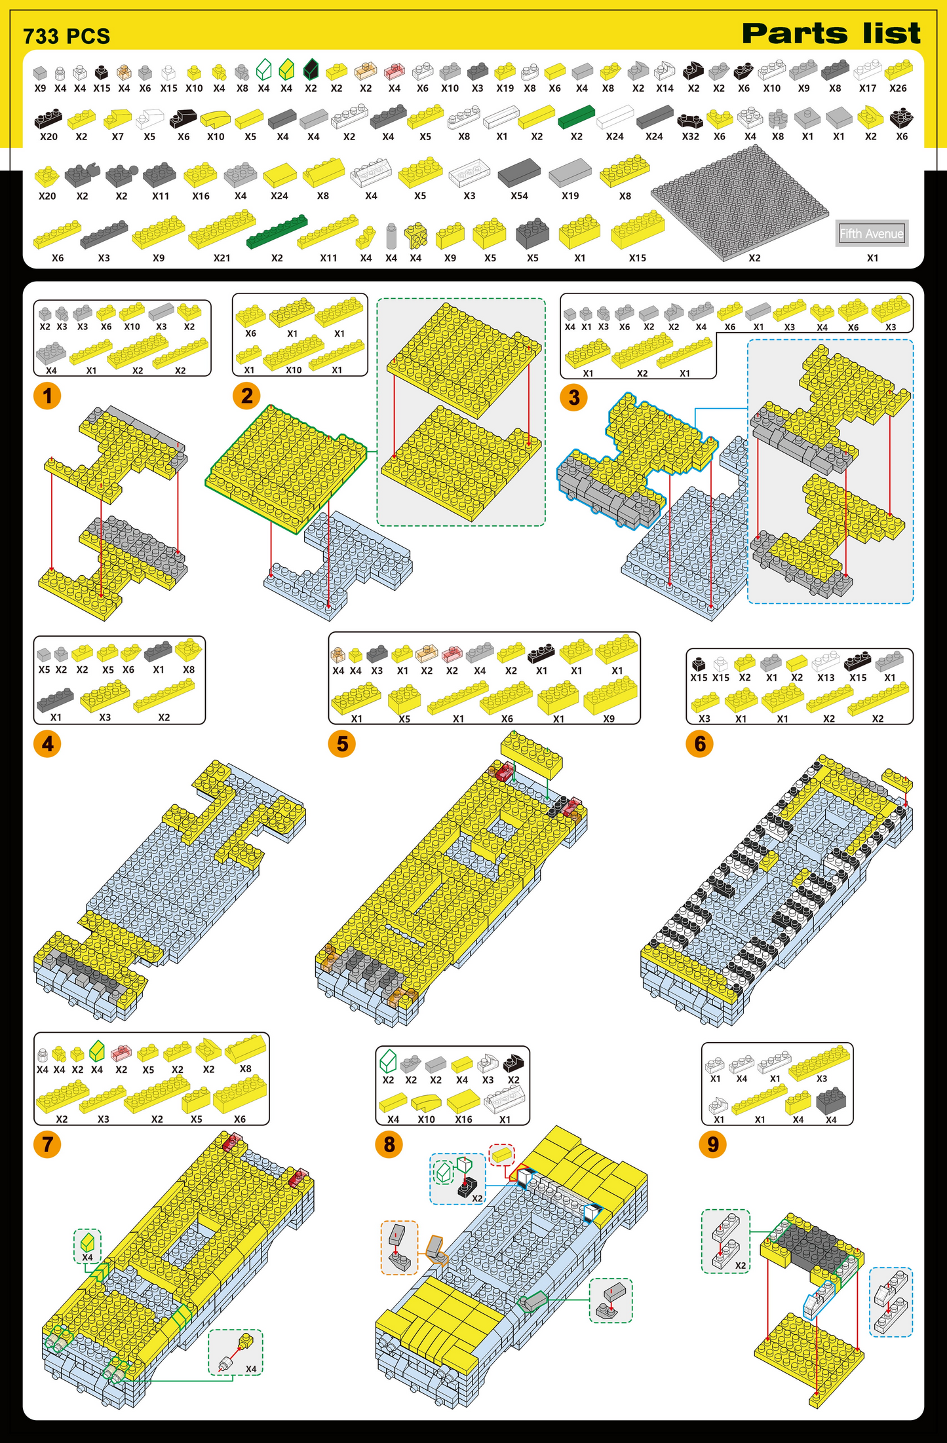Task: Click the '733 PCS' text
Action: [66, 37]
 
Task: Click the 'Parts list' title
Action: [831, 33]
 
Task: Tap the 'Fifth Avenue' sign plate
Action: [872, 233]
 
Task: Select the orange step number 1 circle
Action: [47, 396]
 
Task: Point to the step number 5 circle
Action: [342, 743]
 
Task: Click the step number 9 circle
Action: [713, 1144]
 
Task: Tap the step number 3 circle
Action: [574, 397]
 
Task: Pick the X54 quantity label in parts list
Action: [519, 196]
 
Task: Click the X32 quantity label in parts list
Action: [690, 136]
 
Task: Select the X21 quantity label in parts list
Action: [222, 258]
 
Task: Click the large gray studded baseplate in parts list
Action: [740, 202]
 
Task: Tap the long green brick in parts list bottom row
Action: [277, 231]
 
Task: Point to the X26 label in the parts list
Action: [898, 88]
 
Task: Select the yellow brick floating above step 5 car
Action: [531, 754]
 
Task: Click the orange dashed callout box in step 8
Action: [399, 1246]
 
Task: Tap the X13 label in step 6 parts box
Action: [826, 678]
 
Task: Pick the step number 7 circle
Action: [47, 1144]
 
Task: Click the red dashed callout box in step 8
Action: [502, 1155]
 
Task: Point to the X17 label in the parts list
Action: [867, 88]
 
